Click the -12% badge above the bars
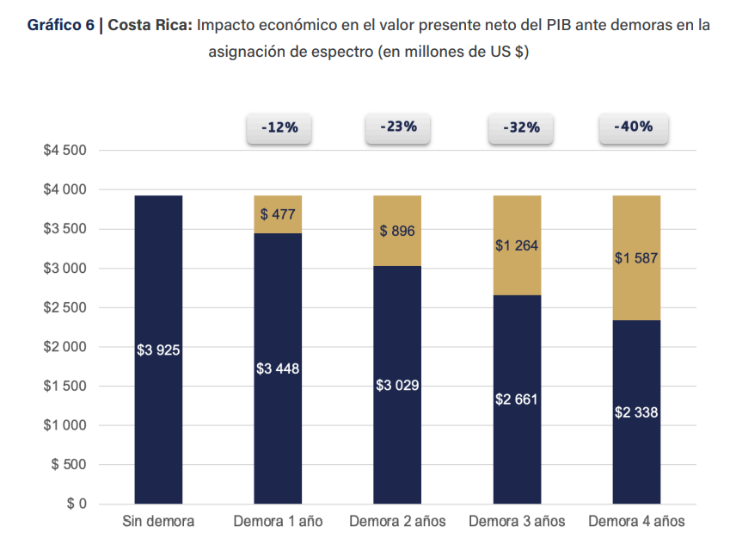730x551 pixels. pyautogui.click(x=279, y=127)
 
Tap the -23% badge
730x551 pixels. pyautogui.click(x=398, y=127)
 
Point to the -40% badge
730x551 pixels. pyautogui.click(x=634, y=127)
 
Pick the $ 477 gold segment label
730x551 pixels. pyautogui.click(x=278, y=214)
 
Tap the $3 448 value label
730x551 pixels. pyautogui.click(x=278, y=368)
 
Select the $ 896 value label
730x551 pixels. pyautogui.click(x=397, y=231)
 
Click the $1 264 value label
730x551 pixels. pyautogui.click(x=517, y=245)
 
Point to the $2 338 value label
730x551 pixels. pyautogui.click(x=636, y=412)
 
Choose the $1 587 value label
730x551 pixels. pyautogui.click(x=636, y=258)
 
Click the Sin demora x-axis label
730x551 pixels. pyautogui.click(x=158, y=522)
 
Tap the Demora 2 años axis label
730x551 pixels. pyautogui.click(x=397, y=522)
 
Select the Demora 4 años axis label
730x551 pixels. pyautogui.click(x=636, y=522)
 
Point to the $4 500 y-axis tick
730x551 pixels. pyautogui.click(x=65, y=151)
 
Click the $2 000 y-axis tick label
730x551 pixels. pyautogui.click(x=65, y=347)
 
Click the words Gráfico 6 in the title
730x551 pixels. pyautogui.click(x=60, y=25)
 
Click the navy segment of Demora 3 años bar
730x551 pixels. pyautogui.click(x=517, y=430)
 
